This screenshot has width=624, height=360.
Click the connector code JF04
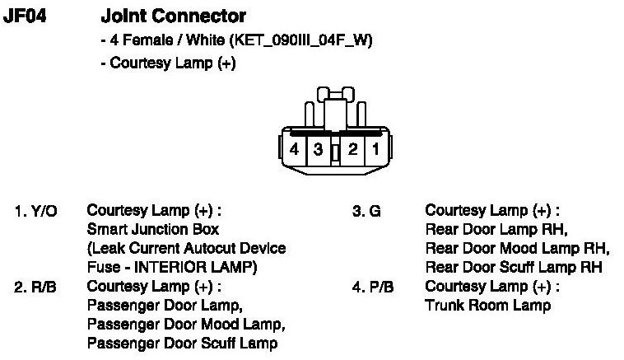pyautogui.click(x=24, y=16)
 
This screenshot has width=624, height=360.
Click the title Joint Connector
pyautogui.click(x=173, y=16)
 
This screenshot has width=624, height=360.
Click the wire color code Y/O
pyautogui.click(x=46, y=211)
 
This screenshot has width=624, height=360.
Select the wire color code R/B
pyautogui.click(x=46, y=287)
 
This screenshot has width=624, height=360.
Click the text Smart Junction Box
pyautogui.click(x=153, y=230)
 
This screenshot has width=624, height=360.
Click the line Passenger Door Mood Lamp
pyautogui.click(x=185, y=325)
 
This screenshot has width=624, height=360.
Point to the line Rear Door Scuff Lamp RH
pyautogui.click(x=513, y=267)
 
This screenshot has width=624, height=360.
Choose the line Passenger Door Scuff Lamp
pyautogui.click(x=182, y=344)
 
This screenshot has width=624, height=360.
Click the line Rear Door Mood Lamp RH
pyautogui.click(x=516, y=248)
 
